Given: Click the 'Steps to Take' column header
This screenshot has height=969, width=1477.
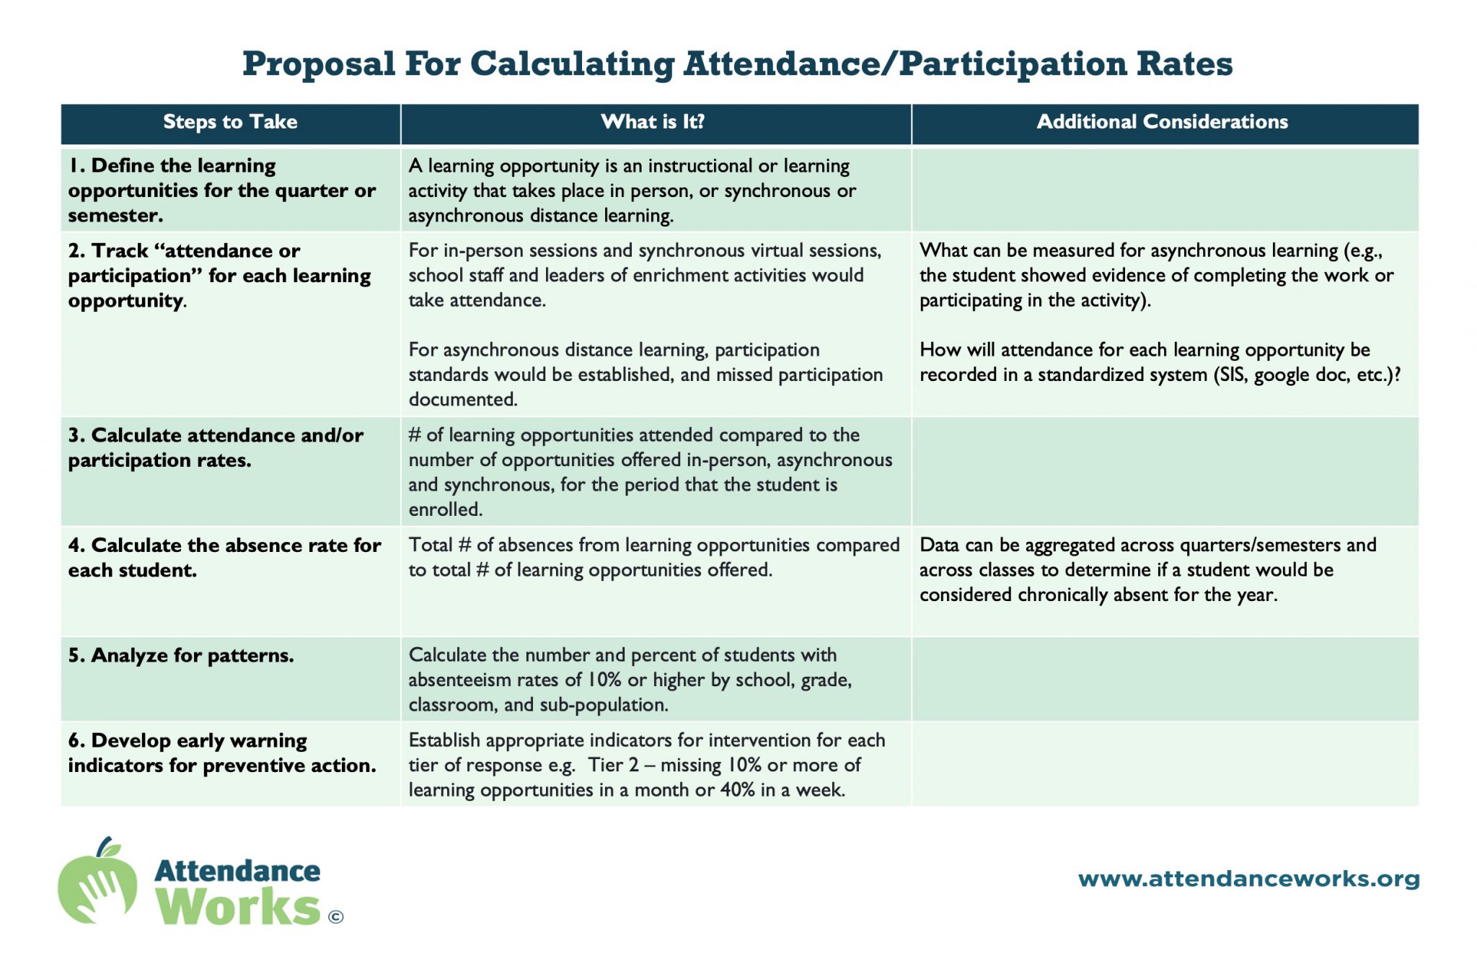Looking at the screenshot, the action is click(230, 122).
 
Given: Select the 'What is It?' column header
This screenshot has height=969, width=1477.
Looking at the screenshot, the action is click(653, 122).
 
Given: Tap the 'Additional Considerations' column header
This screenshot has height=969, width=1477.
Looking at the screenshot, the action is click(1162, 122).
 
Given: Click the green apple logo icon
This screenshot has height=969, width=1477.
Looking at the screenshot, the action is click(98, 881).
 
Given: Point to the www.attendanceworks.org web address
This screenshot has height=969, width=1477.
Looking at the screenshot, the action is click(1248, 879).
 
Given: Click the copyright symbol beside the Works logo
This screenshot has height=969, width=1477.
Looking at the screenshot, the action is click(335, 917).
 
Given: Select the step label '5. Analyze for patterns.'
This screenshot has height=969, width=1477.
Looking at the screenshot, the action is click(181, 655).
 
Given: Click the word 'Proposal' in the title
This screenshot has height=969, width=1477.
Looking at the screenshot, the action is click(319, 64).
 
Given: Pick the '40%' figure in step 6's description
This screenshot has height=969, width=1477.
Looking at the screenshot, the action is click(737, 790).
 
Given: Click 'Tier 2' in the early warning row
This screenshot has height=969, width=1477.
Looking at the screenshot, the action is click(613, 765).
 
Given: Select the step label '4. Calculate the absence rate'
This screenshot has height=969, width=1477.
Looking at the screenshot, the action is click(224, 545).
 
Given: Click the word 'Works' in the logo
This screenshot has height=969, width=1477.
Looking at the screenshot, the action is click(238, 906).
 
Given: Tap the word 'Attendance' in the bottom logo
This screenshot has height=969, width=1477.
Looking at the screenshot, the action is click(237, 871).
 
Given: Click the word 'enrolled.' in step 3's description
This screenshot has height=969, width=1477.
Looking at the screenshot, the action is click(446, 509).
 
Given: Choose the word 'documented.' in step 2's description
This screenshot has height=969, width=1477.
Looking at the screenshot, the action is click(463, 399).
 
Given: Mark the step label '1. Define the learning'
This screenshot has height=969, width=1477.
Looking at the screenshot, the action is click(172, 166).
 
